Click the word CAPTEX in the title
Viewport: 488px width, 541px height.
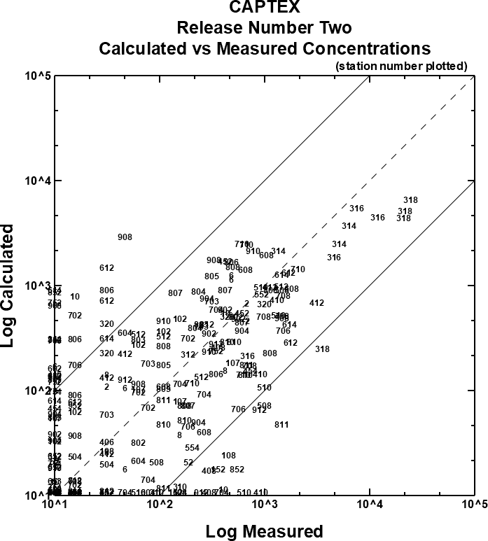[x=265, y=8]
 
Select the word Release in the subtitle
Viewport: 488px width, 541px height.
[x=203, y=29]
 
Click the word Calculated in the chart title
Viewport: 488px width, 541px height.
[x=143, y=49]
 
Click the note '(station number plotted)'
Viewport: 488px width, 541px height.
[x=401, y=66]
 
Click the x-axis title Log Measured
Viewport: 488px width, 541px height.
[x=264, y=531]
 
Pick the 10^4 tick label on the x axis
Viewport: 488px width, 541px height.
[x=369, y=504]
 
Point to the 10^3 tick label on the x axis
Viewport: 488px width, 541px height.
[x=263, y=504]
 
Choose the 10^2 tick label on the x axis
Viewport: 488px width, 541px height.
[x=159, y=504]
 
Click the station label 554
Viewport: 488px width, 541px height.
[x=192, y=448]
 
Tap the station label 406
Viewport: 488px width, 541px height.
[x=106, y=442]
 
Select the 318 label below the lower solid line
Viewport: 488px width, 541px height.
[x=322, y=349]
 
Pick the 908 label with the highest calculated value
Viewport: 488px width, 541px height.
[x=125, y=237]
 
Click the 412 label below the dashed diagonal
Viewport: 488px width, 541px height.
[x=316, y=303]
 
